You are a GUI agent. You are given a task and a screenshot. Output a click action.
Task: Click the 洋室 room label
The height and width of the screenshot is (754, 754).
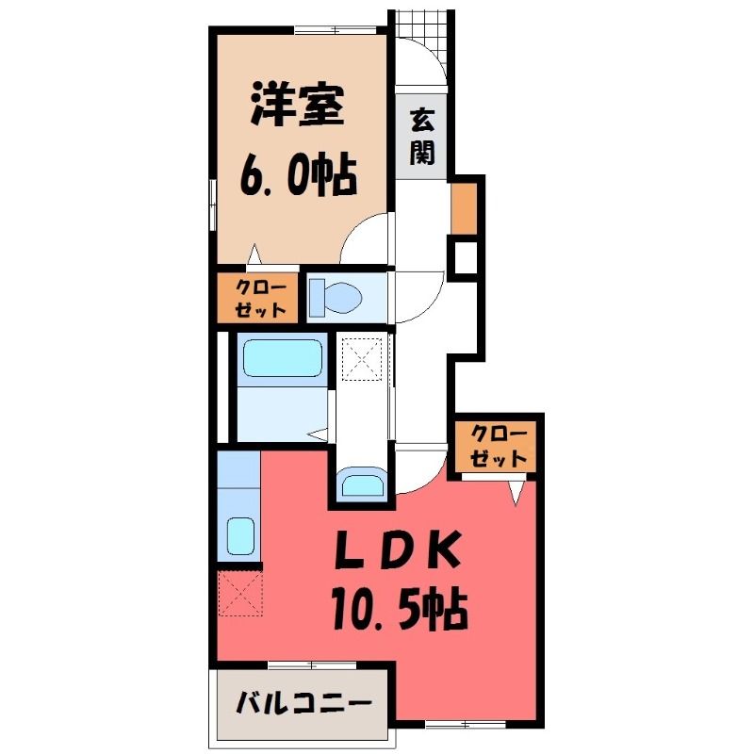297,106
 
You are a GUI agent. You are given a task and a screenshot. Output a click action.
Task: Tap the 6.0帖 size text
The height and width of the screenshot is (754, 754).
298,175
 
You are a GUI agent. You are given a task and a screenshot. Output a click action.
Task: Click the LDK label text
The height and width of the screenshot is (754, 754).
397,549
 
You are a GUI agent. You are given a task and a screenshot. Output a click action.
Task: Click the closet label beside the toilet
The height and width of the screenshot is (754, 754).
261,299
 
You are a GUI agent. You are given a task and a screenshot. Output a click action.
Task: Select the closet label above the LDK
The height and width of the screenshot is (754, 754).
499,446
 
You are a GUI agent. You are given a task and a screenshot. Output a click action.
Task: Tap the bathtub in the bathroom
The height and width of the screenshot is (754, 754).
282,358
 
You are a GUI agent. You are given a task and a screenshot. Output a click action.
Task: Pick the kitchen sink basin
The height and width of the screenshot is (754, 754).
240,536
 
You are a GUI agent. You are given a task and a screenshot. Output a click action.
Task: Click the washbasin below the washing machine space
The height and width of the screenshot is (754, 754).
363,485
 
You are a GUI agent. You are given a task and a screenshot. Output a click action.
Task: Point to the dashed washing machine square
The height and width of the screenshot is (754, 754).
362,359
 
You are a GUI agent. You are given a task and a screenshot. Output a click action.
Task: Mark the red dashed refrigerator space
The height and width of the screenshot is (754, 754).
241,593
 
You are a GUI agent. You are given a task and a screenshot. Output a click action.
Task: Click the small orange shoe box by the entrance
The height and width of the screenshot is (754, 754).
464,208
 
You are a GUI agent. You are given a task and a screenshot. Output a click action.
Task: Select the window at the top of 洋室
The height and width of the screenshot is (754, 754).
336,30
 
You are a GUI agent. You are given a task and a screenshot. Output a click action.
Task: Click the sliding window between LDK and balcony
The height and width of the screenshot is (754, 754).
312,665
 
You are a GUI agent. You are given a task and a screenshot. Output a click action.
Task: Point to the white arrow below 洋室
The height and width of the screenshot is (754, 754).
254,254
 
